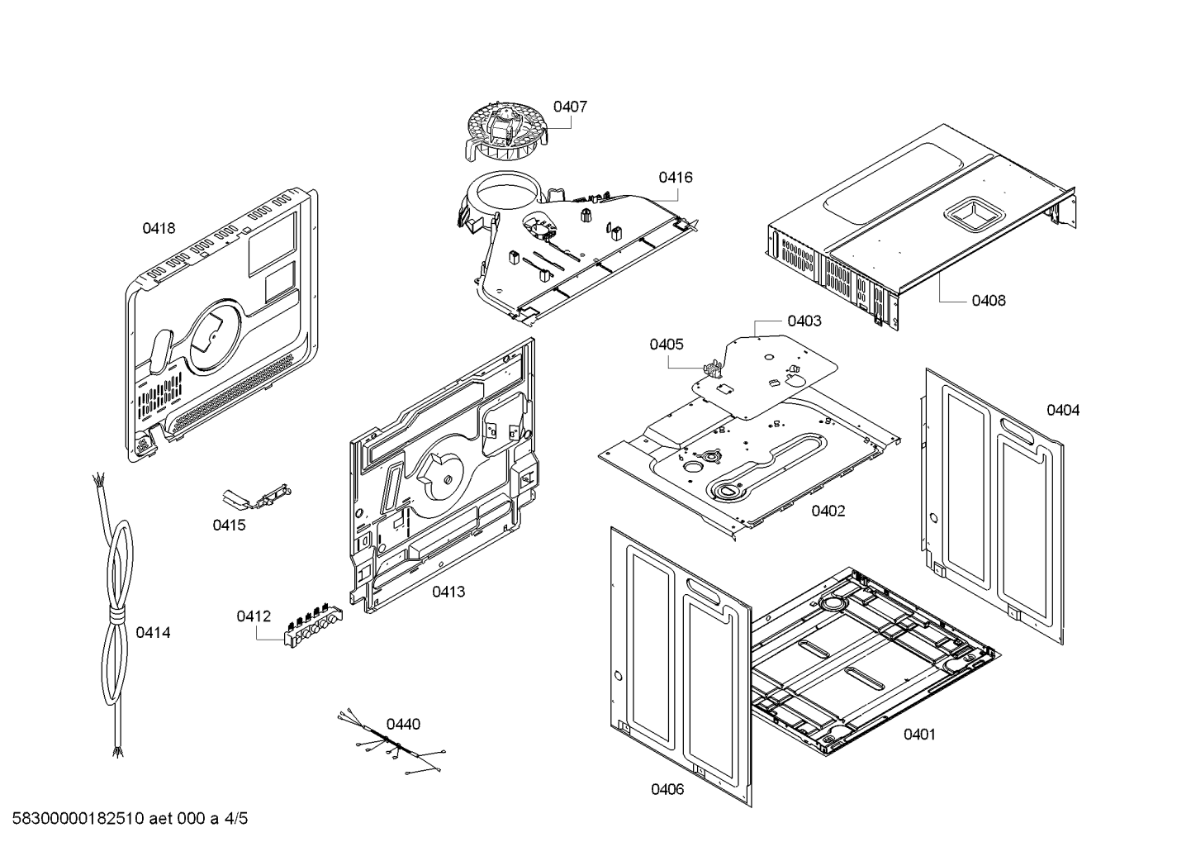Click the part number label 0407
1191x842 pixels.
(570, 107)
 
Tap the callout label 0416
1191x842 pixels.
(676, 178)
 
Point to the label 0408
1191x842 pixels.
(989, 301)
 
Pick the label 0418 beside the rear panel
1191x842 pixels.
(159, 229)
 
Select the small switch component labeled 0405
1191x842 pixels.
(712, 368)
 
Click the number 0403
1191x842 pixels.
(804, 321)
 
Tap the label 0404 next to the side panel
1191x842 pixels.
(1063, 410)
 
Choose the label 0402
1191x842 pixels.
(828, 511)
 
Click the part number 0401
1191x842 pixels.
(919, 735)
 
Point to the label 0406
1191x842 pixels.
(667, 789)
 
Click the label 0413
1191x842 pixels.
(448, 592)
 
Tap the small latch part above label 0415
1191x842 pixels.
(257, 496)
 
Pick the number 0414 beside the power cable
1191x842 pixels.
(153, 633)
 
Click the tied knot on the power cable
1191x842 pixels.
(116, 617)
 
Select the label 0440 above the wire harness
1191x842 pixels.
(403, 725)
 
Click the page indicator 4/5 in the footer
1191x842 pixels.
(236, 819)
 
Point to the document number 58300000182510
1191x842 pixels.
(78, 819)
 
